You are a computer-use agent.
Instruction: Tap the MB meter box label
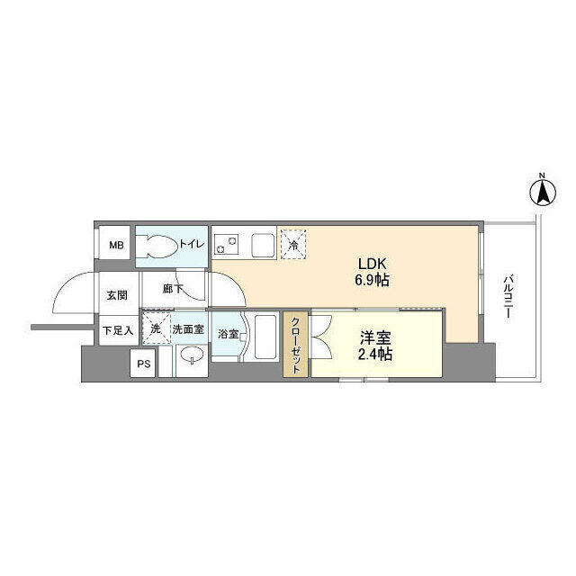coord(116,245)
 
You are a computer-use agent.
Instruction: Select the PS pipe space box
coord(143,364)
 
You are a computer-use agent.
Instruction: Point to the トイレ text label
coord(193,245)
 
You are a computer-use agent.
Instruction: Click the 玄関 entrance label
coord(117,294)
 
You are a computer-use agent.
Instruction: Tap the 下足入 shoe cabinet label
coord(117,330)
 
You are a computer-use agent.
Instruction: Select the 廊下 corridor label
coord(173,290)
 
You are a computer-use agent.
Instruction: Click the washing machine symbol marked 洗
coord(156,329)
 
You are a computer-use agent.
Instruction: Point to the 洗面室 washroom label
coord(189,330)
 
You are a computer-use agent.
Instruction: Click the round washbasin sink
coord(190,359)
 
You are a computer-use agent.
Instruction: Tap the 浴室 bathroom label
coord(228,334)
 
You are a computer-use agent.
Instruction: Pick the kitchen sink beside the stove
coord(264,243)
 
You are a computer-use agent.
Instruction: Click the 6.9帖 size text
coord(373,281)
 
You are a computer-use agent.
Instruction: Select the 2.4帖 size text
coord(376,355)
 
